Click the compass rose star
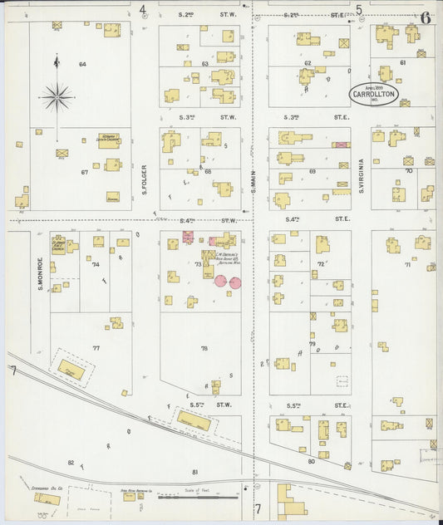tap(57, 96)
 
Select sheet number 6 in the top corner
tap(425, 17)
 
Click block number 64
tap(83, 64)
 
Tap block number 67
tap(84, 172)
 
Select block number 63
tap(204, 64)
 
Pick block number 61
tap(402, 62)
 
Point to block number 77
tap(96, 349)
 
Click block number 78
tap(204, 349)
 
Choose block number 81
tap(194, 472)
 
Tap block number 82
tap(71, 463)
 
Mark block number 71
tap(407, 265)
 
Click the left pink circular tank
tap(221, 282)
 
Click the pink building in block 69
tap(341, 145)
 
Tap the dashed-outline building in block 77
tap(72, 369)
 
